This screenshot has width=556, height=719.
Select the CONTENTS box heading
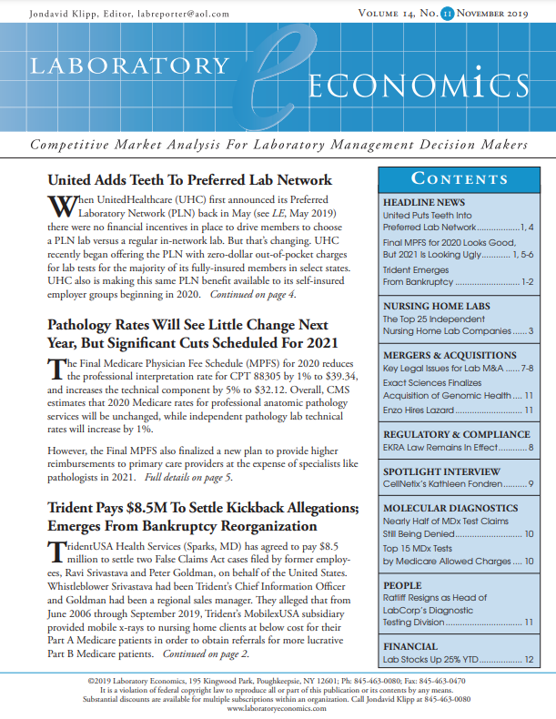click(x=454, y=178)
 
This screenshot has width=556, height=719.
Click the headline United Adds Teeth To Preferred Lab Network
click(x=189, y=179)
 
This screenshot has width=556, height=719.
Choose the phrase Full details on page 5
click(x=187, y=477)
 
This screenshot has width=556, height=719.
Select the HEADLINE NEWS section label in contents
click(x=424, y=202)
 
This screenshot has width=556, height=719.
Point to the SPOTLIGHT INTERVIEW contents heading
click(x=441, y=472)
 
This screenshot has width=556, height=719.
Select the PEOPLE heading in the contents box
click(x=402, y=585)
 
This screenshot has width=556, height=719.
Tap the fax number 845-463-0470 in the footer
click(x=439, y=681)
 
